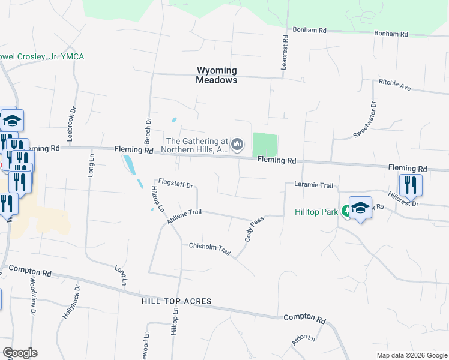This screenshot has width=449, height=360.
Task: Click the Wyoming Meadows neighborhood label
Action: coord(217,75)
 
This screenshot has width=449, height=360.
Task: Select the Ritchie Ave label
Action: coord(394,85)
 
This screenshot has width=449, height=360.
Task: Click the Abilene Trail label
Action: coord(185,217)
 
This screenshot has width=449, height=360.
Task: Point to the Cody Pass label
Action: coord(254,229)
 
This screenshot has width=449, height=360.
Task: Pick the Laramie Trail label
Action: coord(313,185)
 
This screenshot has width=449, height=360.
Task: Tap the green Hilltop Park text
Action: coord(316,212)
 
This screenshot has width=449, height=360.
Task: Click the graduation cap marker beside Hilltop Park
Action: coord(360,208)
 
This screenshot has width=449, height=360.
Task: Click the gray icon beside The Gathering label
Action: coord(238,144)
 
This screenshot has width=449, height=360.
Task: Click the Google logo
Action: coord(20,353)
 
